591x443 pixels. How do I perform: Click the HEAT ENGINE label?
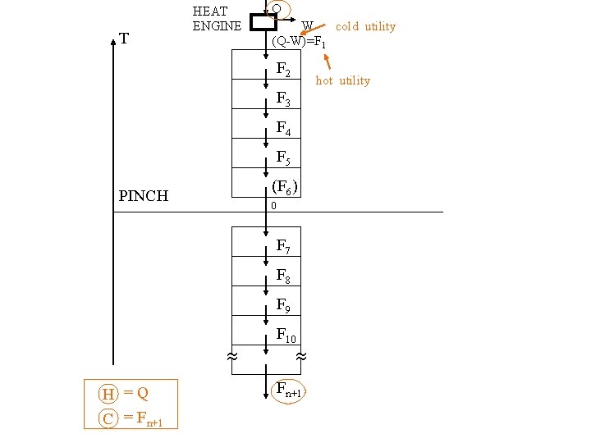pyautogui.click(x=217, y=18)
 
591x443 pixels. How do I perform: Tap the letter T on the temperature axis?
pyautogui.click(x=123, y=38)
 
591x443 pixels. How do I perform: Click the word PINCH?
pyautogui.click(x=144, y=196)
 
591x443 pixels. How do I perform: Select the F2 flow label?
pyautogui.click(x=283, y=70)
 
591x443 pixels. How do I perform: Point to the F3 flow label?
pyautogui.click(x=283, y=99)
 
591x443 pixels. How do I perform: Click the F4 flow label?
pyautogui.click(x=283, y=128)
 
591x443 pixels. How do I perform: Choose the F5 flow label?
pyautogui.click(x=283, y=157)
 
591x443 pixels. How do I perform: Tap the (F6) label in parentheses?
pyautogui.click(x=284, y=187)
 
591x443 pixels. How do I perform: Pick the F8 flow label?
pyautogui.click(x=283, y=276)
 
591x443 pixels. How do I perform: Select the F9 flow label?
pyautogui.click(x=283, y=305)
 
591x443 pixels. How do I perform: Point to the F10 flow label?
pyautogui.click(x=286, y=335)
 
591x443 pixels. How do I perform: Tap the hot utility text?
pyautogui.click(x=342, y=80)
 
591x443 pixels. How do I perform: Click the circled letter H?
pyautogui.click(x=108, y=395)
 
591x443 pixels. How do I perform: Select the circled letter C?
pyautogui.click(x=108, y=419)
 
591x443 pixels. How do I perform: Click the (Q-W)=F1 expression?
pyautogui.click(x=300, y=42)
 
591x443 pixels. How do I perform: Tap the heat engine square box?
pyautogui.click(x=263, y=21)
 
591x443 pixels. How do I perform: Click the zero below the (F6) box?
pyautogui.click(x=273, y=206)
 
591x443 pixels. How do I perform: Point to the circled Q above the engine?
pyautogui.click(x=277, y=9)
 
